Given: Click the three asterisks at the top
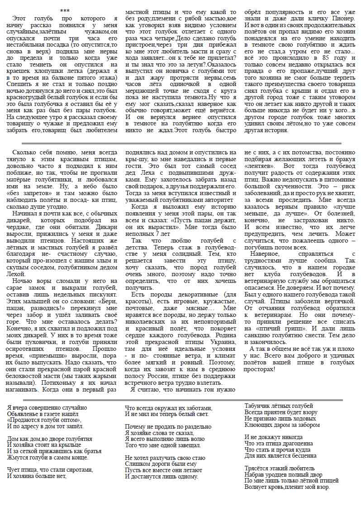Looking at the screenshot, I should pyautogui.click(x=65, y=10).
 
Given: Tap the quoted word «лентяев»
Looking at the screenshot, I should pyautogui.click(x=259, y=167).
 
